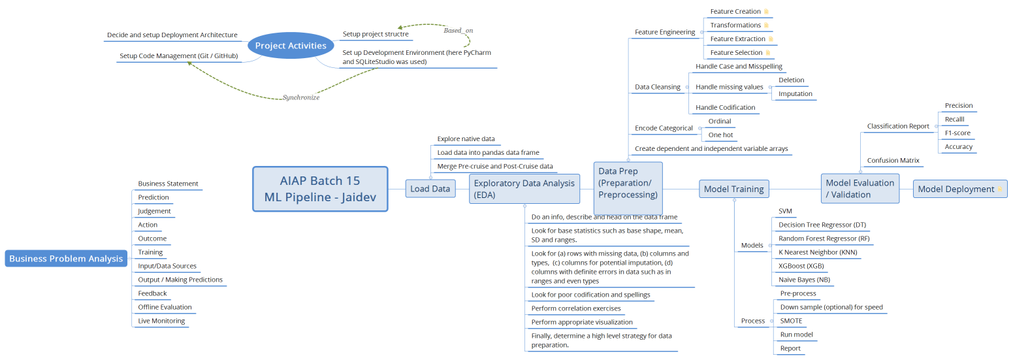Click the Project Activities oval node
point(291,46)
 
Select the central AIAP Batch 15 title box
point(320,189)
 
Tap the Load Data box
point(430,189)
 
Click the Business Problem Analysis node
point(66,259)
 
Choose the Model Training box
point(733,189)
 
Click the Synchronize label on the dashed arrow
point(301,97)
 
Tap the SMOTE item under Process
point(791,321)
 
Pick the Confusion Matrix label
point(893,160)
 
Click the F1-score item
point(957,133)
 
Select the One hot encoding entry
point(720,135)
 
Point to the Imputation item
point(795,93)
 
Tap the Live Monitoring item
point(161,321)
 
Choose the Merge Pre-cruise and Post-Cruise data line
point(494,166)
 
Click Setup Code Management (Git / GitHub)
point(178,56)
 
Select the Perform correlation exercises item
point(576,308)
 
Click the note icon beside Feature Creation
point(766,12)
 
